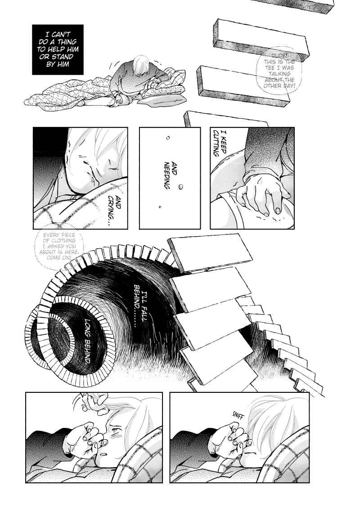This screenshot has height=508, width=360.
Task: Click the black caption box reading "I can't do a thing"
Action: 58,49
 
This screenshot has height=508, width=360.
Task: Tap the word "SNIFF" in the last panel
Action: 238,416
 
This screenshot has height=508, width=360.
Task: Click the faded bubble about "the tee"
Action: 279,71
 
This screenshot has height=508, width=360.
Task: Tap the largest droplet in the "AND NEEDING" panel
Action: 181,187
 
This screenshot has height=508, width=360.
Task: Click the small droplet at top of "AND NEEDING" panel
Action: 168,138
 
